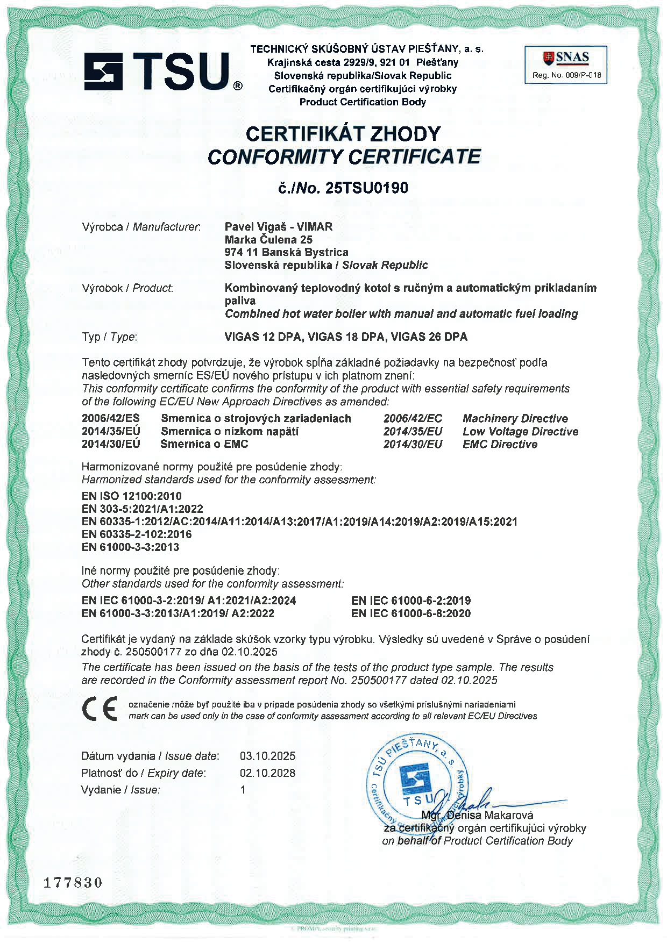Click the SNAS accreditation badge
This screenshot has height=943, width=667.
[x=565, y=65]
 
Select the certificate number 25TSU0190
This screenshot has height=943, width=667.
[x=367, y=188]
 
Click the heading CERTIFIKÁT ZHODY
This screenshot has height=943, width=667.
[x=343, y=134]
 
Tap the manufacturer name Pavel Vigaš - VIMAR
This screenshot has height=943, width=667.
[x=278, y=227]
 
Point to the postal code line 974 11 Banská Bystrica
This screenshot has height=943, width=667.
[x=286, y=252]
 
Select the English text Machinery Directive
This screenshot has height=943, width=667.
[x=515, y=419]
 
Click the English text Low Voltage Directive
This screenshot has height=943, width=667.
[x=520, y=432]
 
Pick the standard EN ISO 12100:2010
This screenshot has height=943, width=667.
[x=132, y=496]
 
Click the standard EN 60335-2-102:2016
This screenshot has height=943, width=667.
[x=137, y=534]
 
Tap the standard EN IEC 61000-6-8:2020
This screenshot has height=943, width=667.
[x=411, y=613]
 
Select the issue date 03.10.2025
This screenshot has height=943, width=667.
[x=267, y=756]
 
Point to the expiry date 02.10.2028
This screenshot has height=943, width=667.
[x=267, y=773]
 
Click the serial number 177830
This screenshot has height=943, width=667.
[x=73, y=882]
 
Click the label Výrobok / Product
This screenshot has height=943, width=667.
[x=127, y=288]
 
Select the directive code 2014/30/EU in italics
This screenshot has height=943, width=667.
[x=413, y=445]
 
